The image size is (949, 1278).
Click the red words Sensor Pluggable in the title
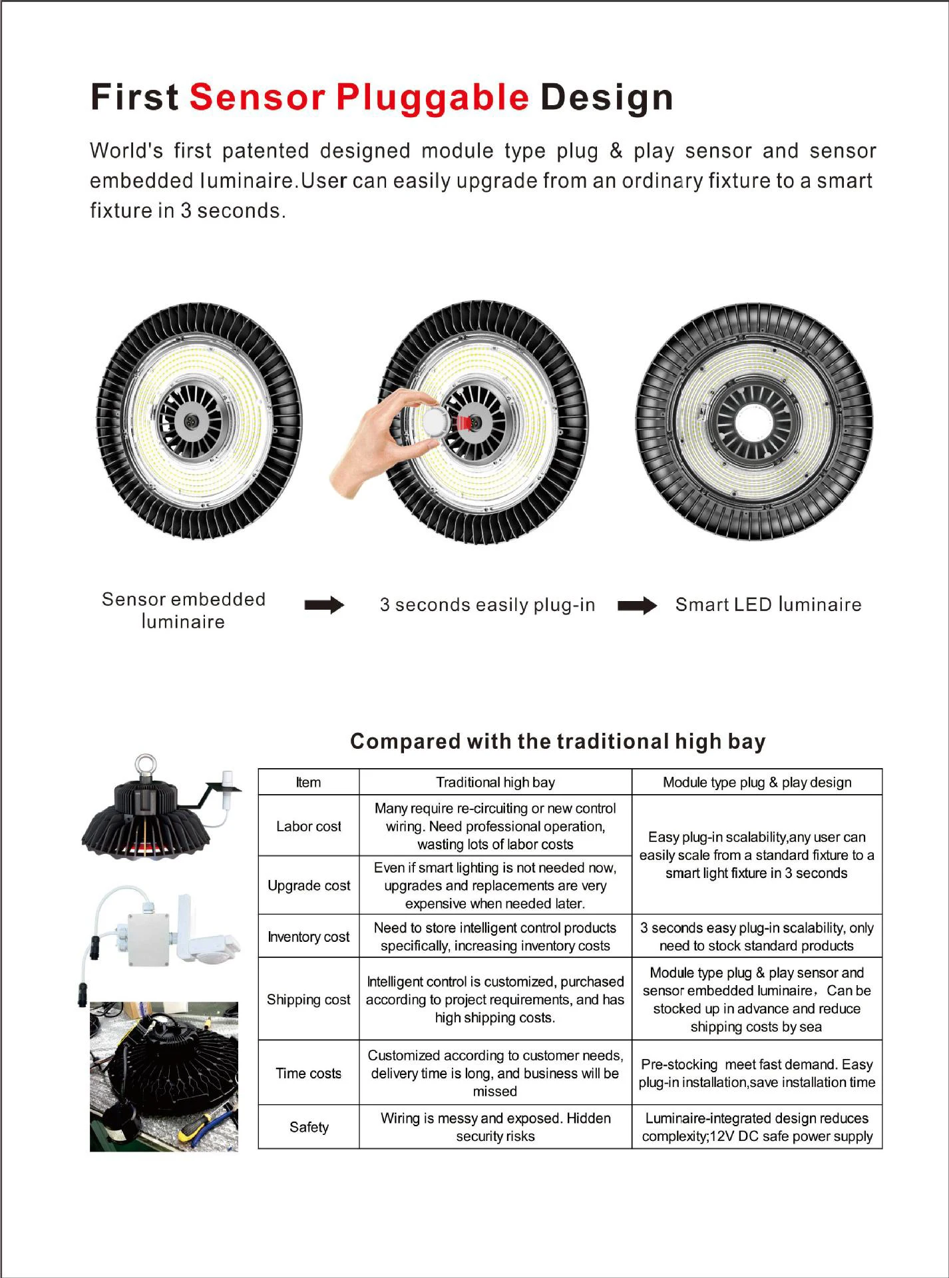pyautogui.click(x=359, y=98)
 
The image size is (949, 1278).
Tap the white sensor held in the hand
pyautogui.click(x=437, y=421)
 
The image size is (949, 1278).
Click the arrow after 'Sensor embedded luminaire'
pyautogui.click(x=323, y=605)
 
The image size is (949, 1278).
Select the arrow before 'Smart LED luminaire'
pyautogui.click(x=637, y=606)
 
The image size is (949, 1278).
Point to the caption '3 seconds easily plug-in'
pyautogui.click(x=487, y=605)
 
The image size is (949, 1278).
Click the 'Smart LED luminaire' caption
pyautogui.click(x=768, y=605)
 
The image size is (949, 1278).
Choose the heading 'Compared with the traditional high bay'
pyautogui.click(x=558, y=741)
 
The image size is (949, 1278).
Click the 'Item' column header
pyautogui.click(x=308, y=782)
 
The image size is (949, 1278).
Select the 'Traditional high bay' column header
pyautogui.click(x=495, y=782)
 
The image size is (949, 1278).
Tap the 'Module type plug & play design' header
pyautogui.click(x=757, y=782)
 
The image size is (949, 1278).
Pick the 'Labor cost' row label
pyautogui.click(x=309, y=826)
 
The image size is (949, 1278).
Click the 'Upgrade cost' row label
pyautogui.click(x=309, y=885)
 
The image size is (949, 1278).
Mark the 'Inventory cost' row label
pyautogui.click(x=309, y=937)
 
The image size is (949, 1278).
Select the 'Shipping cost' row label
pyautogui.click(x=309, y=999)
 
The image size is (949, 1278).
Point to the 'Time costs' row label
pyautogui.click(x=309, y=1073)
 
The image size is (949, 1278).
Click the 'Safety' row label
pyautogui.click(x=309, y=1127)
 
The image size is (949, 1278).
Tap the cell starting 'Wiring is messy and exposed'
pyautogui.click(x=495, y=1127)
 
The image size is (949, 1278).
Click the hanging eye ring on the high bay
pyautogui.click(x=145, y=765)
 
